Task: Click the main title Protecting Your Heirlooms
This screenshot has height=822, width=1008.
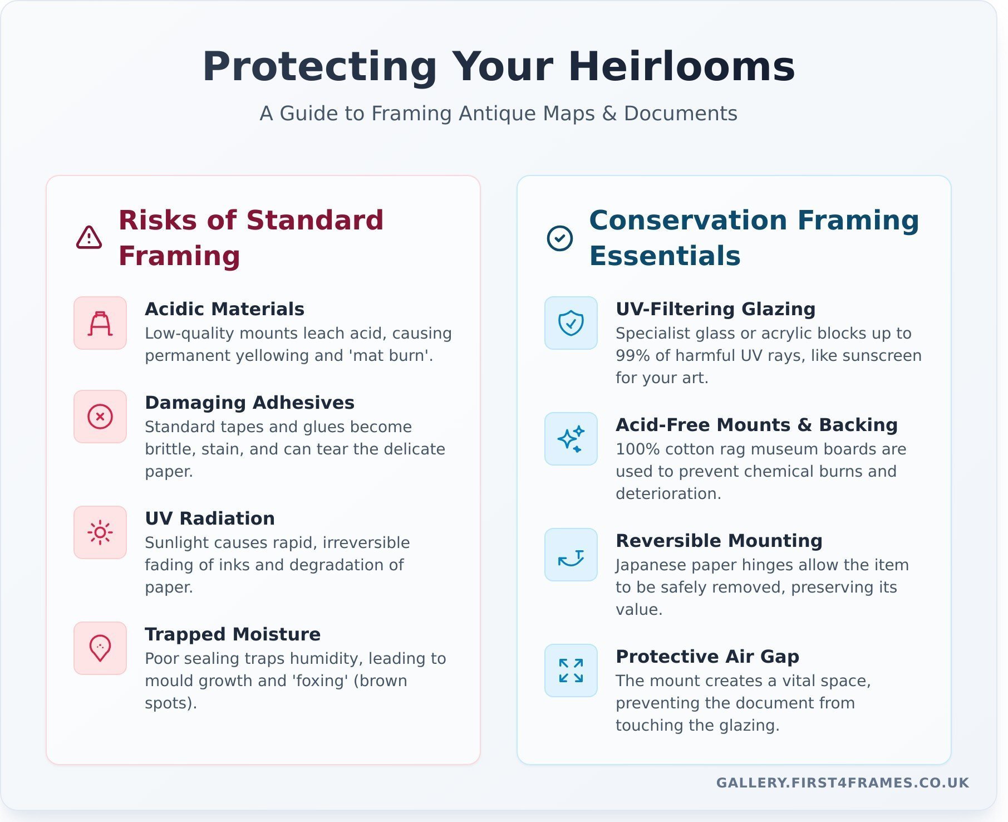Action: coord(499,67)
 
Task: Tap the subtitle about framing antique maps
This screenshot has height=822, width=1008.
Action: coord(499,114)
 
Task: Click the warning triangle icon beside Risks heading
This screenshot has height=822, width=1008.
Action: coord(89,238)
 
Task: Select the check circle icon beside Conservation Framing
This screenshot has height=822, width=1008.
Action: coord(560,238)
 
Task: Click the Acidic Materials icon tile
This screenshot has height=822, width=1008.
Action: coord(100,323)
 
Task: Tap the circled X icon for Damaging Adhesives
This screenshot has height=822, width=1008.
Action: coord(100,417)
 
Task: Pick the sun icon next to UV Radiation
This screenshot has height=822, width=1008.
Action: coord(100,532)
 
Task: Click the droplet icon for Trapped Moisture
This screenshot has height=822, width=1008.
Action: coord(100,648)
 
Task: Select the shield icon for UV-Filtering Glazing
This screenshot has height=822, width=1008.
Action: coord(571,323)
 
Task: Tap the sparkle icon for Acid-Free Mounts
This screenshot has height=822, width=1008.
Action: coord(571,439)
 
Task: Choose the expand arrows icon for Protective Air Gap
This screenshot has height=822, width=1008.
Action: coord(571,671)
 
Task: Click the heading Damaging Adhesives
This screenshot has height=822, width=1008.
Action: coord(249,403)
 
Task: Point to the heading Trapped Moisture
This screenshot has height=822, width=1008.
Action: coord(233,634)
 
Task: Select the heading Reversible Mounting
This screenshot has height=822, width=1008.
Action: coord(719,541)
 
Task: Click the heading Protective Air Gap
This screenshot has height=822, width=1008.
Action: coord(707,657)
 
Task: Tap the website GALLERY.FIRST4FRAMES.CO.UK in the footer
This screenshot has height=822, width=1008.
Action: coord(843,783)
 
